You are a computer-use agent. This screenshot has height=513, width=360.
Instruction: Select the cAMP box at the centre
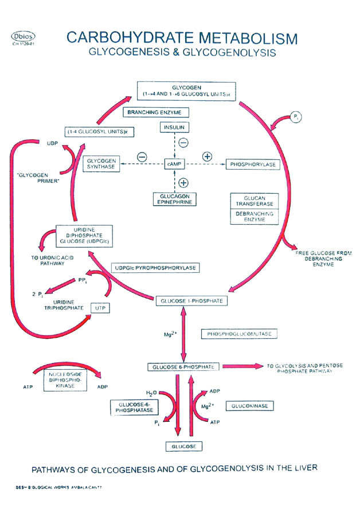[174, 164]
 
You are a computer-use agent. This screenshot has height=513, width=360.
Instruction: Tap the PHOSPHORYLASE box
[252, 165]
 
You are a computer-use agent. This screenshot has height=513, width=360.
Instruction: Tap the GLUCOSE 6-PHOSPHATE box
[183, 366]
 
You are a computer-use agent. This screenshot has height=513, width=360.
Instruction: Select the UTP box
[101, 308]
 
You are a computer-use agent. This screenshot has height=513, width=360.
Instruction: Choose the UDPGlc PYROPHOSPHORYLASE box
[155, 268]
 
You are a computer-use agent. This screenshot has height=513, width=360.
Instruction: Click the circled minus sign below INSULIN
[183, 143]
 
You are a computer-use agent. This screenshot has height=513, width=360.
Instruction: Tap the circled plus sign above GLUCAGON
[183, 183]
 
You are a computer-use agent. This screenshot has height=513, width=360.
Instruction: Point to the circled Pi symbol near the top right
[296, 117]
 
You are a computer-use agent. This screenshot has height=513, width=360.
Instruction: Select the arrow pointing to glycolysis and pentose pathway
[241, 365]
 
